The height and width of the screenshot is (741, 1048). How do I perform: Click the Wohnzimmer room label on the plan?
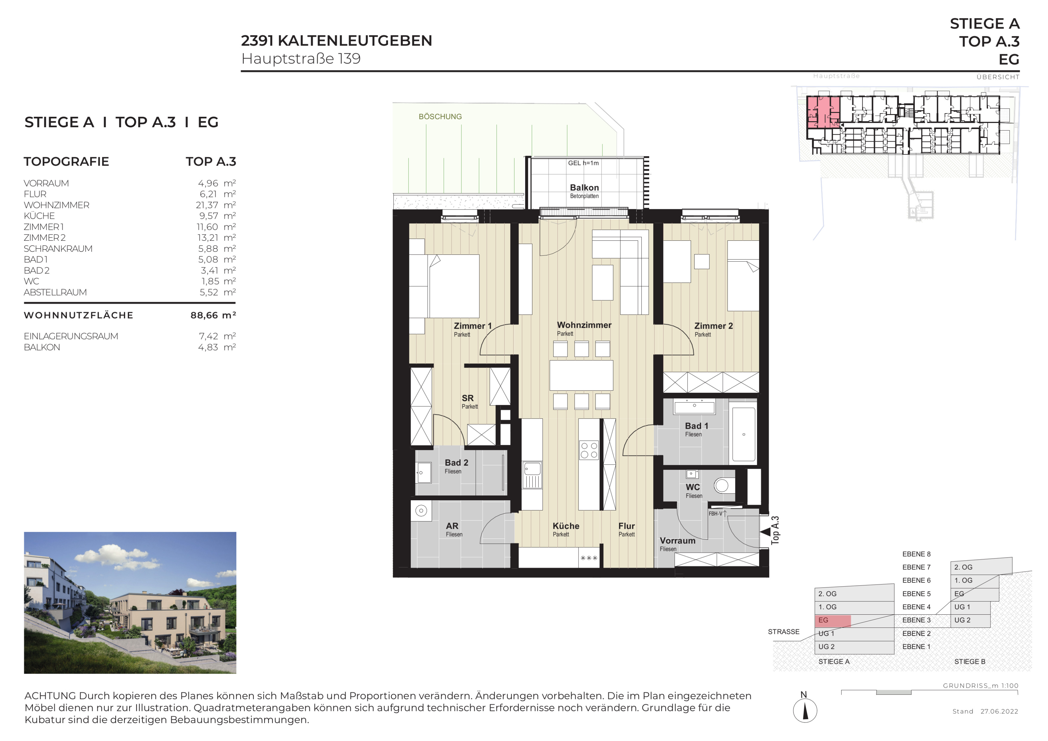point(584,325)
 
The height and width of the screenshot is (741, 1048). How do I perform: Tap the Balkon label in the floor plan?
point(584,187)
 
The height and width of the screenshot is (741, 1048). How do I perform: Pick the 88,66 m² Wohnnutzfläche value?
point(213,315)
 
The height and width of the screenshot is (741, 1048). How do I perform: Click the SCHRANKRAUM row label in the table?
point(58,249)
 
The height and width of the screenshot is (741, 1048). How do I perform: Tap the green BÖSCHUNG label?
point(440,117)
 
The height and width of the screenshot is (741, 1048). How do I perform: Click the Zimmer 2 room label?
point(714,326)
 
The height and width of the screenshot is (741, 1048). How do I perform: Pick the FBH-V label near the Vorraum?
point(715,514)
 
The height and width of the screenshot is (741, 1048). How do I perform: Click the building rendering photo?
point(130,603)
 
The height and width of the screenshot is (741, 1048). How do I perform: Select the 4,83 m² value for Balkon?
point(217,347)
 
